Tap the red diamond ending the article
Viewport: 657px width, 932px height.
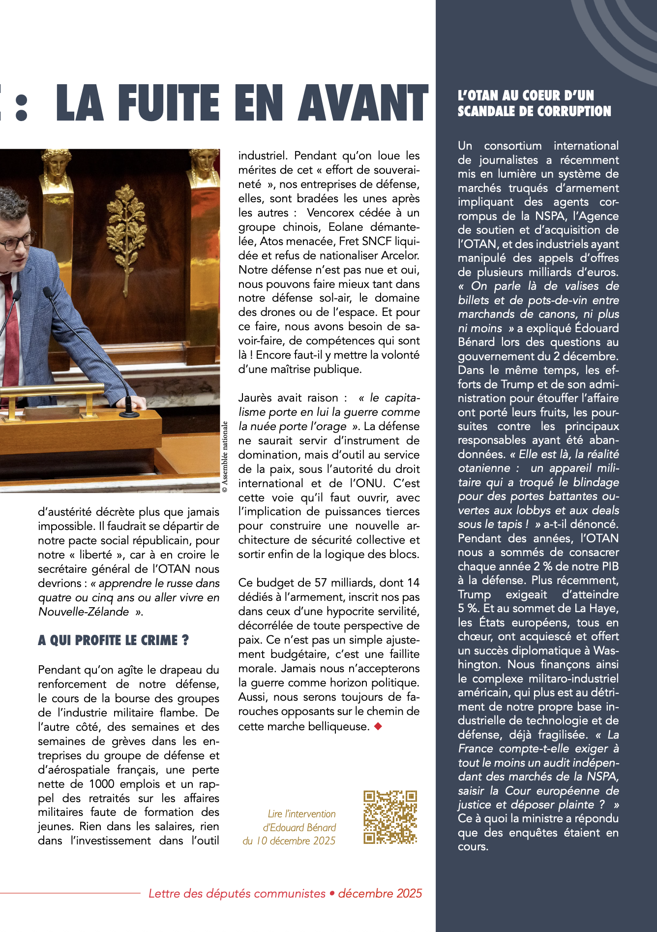pyautogui.click(x=378, y=726)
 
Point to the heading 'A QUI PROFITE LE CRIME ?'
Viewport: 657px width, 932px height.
pyautogui.click(x=113, y=640)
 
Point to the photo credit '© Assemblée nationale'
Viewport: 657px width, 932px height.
pyautogui.click(x=225, y=457)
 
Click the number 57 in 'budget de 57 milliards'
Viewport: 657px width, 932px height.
pyautogui.click(x=321, y=583)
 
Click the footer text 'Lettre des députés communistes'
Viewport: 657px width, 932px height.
pyautogui.click(x=237, y=893)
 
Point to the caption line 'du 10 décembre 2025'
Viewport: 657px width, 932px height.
pyautogui.click(x=289, y=840)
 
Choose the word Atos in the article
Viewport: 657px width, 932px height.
pyautogui.click(x=270, y=241)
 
